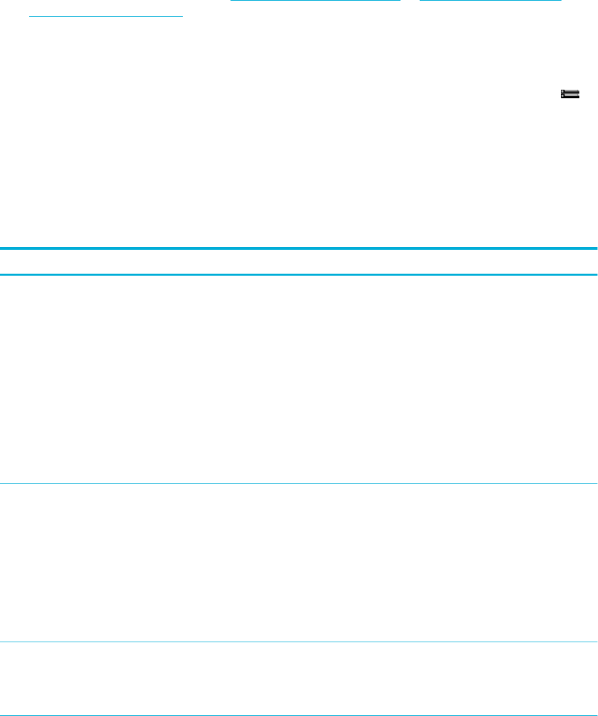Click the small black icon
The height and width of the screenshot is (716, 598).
pyautogui.click(x=570, y=95)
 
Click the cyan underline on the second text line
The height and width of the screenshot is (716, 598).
pyautogui.click(x=106, y=17)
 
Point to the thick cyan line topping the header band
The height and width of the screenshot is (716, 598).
pyautogui.click(x=299, y=248)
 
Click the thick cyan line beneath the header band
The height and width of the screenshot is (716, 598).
pyautogui.click(x=299, y=274)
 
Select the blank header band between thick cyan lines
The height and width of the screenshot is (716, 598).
pyautogui.click(x=299, y=262)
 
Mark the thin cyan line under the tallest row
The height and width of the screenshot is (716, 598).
pyautogui.click(x=299, y=483)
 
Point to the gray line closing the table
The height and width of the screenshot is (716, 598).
pyautogui.click(x=299, y=715)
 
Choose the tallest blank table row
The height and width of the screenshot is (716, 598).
pyautogui.click(x=299, y=379)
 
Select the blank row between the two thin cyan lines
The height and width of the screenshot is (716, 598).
pyautogui.click(x=299, y=563)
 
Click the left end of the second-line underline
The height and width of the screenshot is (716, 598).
pyautogui.click(x=31, y=17)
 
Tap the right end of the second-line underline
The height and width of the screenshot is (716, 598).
pyautogui.click(x=181, y=17)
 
